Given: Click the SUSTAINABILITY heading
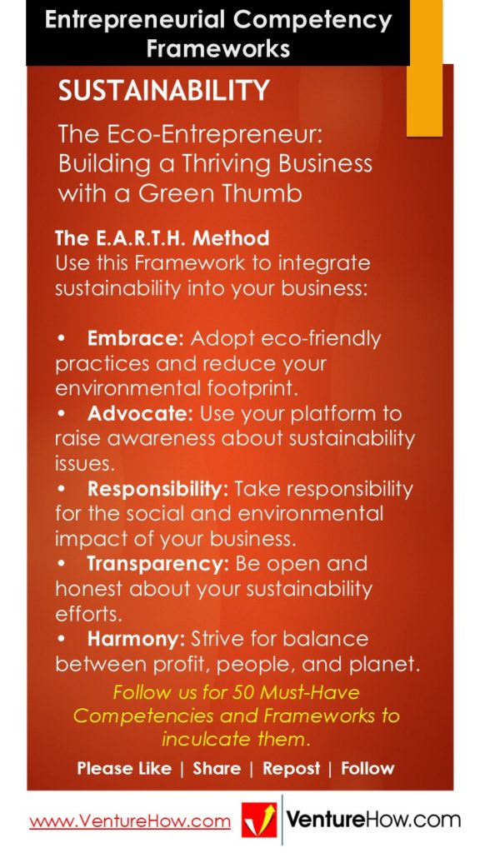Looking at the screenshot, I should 163,91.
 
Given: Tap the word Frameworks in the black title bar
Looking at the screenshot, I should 217,48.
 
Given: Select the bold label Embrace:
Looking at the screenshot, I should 137,339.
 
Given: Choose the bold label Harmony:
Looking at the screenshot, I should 136,639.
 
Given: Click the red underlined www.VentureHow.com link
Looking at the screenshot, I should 130,821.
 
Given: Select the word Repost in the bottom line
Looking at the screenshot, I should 291,769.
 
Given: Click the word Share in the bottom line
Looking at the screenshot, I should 217,769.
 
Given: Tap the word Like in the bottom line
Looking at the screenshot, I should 152,769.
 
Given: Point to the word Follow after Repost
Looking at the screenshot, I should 367,769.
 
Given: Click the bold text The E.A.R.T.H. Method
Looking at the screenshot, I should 162,238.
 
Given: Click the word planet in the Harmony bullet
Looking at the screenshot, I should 386,664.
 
